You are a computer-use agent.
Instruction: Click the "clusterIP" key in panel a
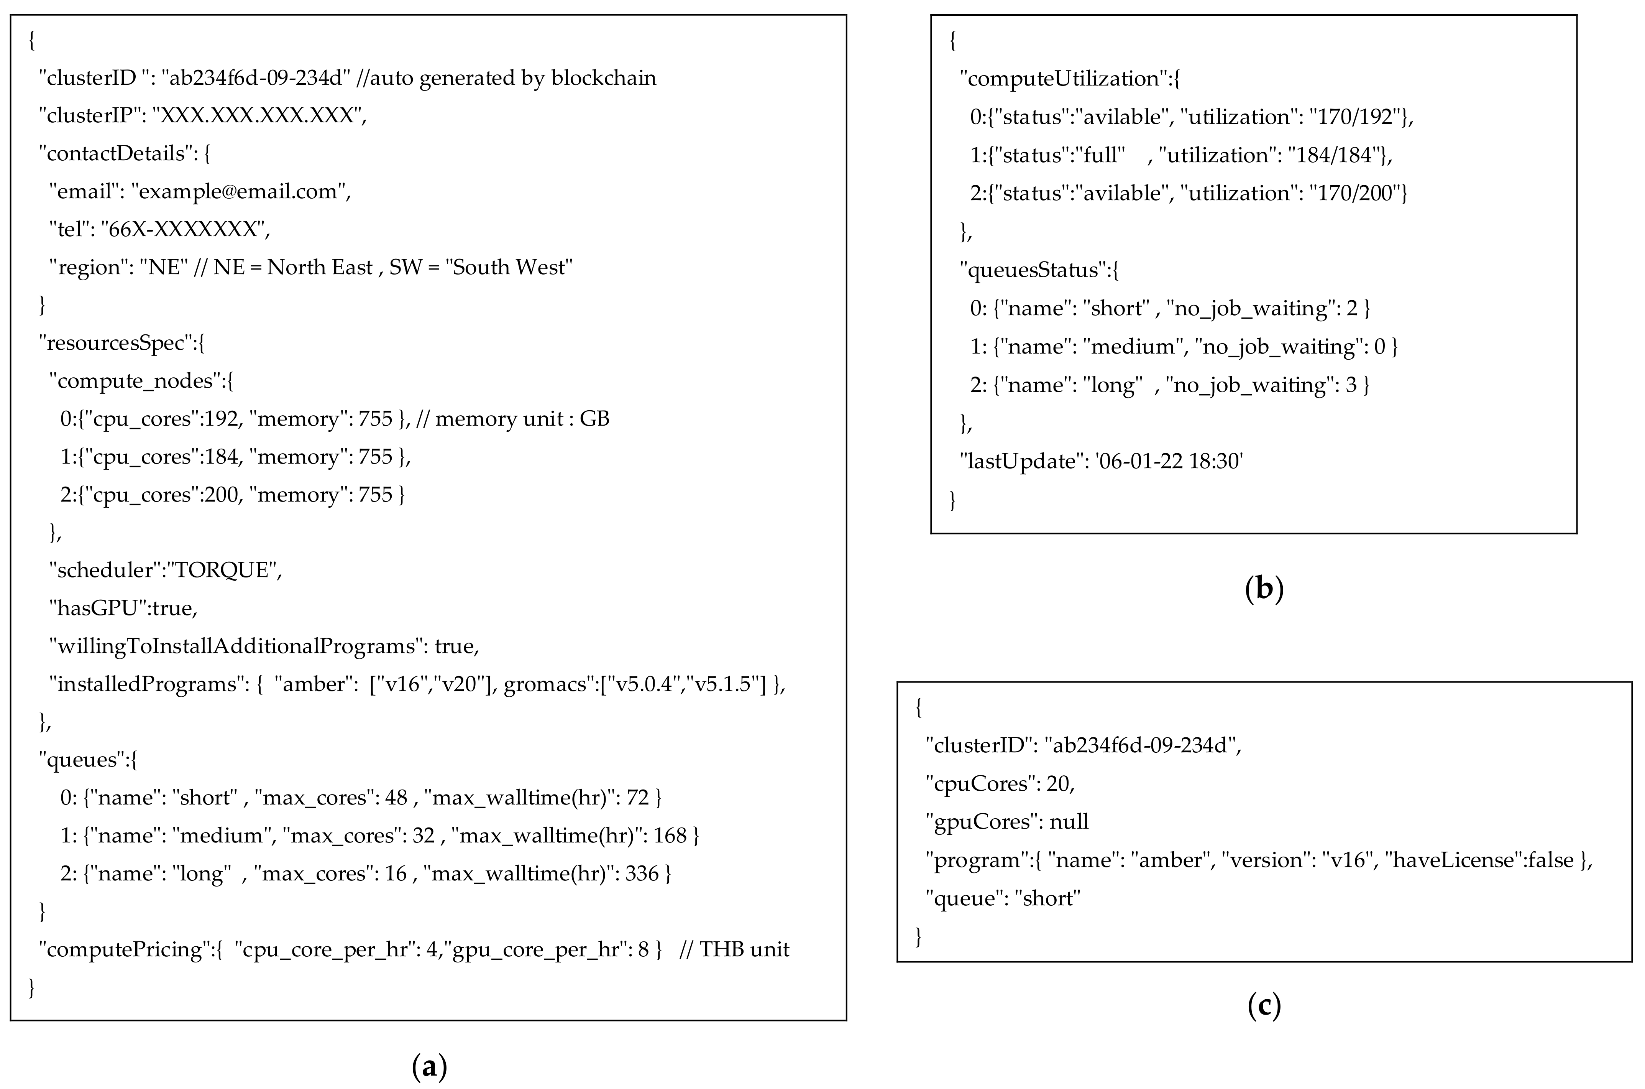pyautogui.click(x=90, y=115)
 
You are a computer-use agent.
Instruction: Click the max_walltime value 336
pyautogui.click(x=641, y=874)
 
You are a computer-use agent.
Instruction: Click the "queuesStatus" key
pyautogui.click(x=1032, y=270)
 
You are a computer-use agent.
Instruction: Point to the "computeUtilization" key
pyautogui.click(x=1063, y=79)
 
